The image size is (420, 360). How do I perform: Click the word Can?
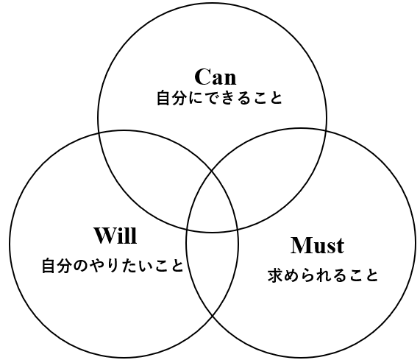[216, 77]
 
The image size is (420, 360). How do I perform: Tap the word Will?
[115, 235]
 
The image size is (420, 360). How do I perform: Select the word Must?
[318, 245]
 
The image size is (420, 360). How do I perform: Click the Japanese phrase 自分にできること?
[219, 98]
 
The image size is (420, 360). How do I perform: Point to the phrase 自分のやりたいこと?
[113, 266]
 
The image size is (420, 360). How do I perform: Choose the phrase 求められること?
[323, 275]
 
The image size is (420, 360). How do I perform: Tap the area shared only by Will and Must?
[212, 271]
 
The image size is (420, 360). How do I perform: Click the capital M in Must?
[300, 245]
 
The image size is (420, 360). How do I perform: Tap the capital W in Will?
[105, 235]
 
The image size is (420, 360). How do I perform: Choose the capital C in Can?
[202, 77]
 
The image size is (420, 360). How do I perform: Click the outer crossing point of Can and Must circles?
[326, 130]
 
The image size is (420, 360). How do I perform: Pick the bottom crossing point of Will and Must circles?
[213, 317]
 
